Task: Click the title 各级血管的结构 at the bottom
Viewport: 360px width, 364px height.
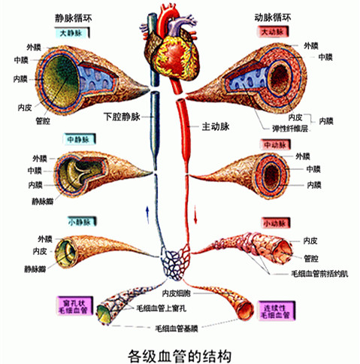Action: tap(180, 351)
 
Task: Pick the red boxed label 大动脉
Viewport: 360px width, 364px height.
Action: tap(276, 32)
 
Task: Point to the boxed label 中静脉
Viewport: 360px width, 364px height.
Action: tap(76, 139)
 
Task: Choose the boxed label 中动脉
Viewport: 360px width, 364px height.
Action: tap(276, 144)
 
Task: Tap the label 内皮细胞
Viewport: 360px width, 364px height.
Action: tap(180, 292)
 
